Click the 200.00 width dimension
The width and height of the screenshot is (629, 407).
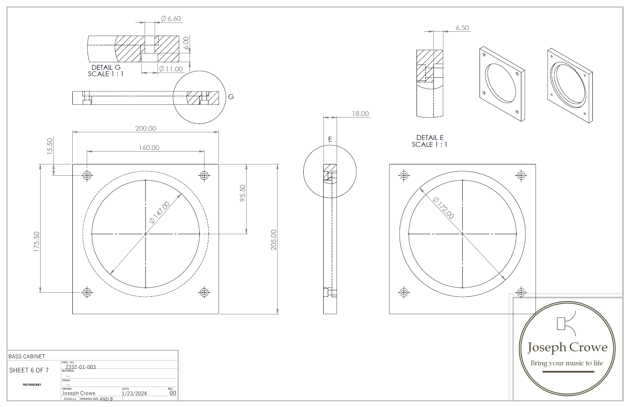[x=145, y=128]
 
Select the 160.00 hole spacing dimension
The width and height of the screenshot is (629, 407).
[x=149, y=148]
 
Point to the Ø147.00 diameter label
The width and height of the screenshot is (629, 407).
[x=159, y=212]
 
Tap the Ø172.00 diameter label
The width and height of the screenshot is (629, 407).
[x=444, y=208]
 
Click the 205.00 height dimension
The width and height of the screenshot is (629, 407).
[x=274, y=240]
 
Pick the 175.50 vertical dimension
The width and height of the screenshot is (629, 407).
[x=37, y=241]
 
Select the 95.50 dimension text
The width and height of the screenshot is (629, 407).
[x=243, y=193]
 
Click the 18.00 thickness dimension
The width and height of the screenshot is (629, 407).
[x=360, y=113]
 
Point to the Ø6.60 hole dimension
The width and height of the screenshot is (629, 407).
[x=171, y=18]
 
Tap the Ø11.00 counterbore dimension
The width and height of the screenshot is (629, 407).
[x=171, y=69]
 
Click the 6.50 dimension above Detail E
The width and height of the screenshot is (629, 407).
[x=462, y=28]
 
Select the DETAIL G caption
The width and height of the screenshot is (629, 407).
[x=106, y=67]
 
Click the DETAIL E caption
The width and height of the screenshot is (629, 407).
[x=430, y=138]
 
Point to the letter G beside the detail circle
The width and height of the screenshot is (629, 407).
[x=231, y=97]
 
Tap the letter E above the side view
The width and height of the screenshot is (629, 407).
[x=330, y=139]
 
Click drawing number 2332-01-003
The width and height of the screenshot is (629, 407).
[x=80, y=367]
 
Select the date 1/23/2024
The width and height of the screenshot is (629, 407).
[x=134, y=393]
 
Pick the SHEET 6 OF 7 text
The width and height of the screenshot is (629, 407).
[x=29, y=370]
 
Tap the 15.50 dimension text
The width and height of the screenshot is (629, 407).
[x=50, y=146]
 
